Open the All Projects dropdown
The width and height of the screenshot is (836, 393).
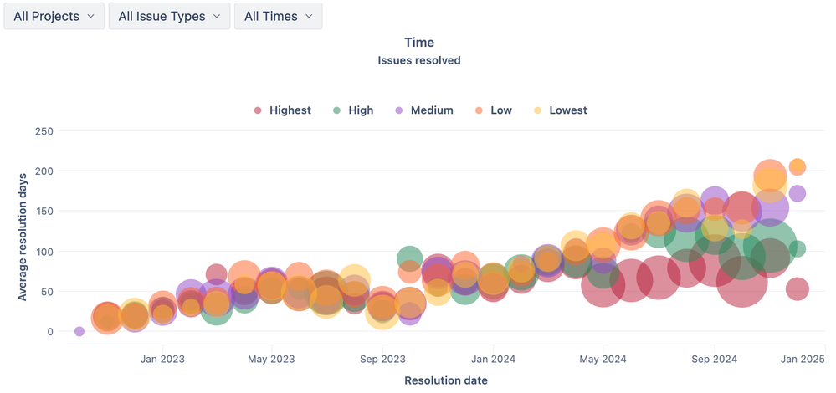pyautogui.click(x=54, y=16)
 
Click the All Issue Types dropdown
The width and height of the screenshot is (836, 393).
pyautogui.click(x=169, y=16)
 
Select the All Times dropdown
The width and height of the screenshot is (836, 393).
pyautogui.click(x=278, y=16)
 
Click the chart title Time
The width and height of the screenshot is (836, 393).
pyautogui.click(x=418, y=42)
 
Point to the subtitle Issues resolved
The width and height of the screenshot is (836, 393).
pyautogui.click(x=418, y=60)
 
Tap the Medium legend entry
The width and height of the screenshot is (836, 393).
pyautogui.click(x=431, y=110)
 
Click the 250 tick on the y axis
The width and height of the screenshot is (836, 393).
pyautogui.click(x=44, y=131)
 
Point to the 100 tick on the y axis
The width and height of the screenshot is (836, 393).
pyautogui.click(x=44, y=252)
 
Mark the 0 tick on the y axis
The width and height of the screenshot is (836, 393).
pyautogui.click(x=49, y=332)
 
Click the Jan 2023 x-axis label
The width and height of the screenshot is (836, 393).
pyautogui.click(x=162, y=360)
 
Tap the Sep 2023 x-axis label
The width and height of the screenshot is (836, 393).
pyautogui.click(x=382, y=360)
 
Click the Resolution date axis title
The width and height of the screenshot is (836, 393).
pyautogui.click(x=445, y=380)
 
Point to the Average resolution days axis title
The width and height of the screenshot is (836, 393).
pyautogui.click(x=23, y=237)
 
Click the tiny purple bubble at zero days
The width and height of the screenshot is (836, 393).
pyautogui.click(x=79, y=332)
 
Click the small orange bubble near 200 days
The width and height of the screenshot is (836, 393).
pyautogui.click(x=798, y=167)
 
